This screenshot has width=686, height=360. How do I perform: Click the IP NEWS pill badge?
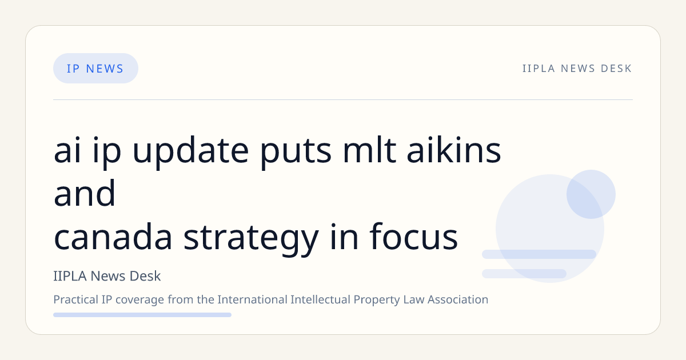95,68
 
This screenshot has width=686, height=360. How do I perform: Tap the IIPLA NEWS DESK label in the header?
577,69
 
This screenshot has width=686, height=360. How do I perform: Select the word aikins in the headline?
453,149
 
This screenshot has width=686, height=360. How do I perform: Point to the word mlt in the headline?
369,149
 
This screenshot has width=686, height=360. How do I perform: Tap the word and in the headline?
85,193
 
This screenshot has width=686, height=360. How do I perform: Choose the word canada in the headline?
113,236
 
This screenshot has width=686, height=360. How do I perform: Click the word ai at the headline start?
67,150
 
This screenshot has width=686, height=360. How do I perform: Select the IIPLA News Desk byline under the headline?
107,276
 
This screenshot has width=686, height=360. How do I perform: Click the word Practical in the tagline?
75,299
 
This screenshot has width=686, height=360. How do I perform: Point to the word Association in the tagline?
458,299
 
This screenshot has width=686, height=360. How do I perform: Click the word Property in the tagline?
376,300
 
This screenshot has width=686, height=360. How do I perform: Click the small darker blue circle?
591,194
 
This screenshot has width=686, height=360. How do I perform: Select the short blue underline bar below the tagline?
142,315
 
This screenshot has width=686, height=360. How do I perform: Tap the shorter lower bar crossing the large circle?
524,274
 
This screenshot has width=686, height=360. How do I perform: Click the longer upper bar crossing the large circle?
539,254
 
